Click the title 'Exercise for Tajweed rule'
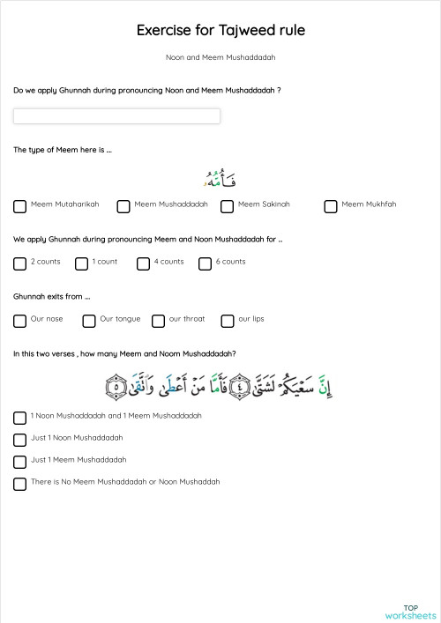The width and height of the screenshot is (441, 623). [x=220, y=31]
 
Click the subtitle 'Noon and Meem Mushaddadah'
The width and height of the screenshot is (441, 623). [x=220, y=57]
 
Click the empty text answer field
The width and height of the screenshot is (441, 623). [x=116, y=116]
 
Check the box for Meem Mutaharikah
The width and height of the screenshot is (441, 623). [x=19, y=206]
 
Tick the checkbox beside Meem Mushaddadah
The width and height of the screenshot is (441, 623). [x=123, y=206]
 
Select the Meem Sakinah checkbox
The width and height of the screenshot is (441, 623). [x=227, y=206]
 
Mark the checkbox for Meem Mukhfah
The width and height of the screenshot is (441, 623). [x=331, y=206]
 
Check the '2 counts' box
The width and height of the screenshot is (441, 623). [x=19, y=263]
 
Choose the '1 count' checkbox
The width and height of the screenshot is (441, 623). [x=81, y=263]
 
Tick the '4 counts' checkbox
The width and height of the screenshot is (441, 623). [x=143, y=263]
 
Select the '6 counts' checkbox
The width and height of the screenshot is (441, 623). [x=205, y=263]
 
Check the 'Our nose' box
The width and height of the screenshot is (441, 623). [x=19, y=321]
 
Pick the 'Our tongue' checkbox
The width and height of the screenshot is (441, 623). [x=89, y=321]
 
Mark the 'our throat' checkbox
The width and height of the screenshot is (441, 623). [x=158, y=321]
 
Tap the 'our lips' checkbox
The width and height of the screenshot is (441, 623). [x=228, y=321]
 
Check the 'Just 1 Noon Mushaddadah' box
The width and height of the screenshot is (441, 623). [x=19, y=440]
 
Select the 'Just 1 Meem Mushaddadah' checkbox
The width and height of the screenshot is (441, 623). [x=19, y=462]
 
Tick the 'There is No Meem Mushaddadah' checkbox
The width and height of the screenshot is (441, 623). [x=19, y=484]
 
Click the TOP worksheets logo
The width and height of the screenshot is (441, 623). [x=410, y=612]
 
